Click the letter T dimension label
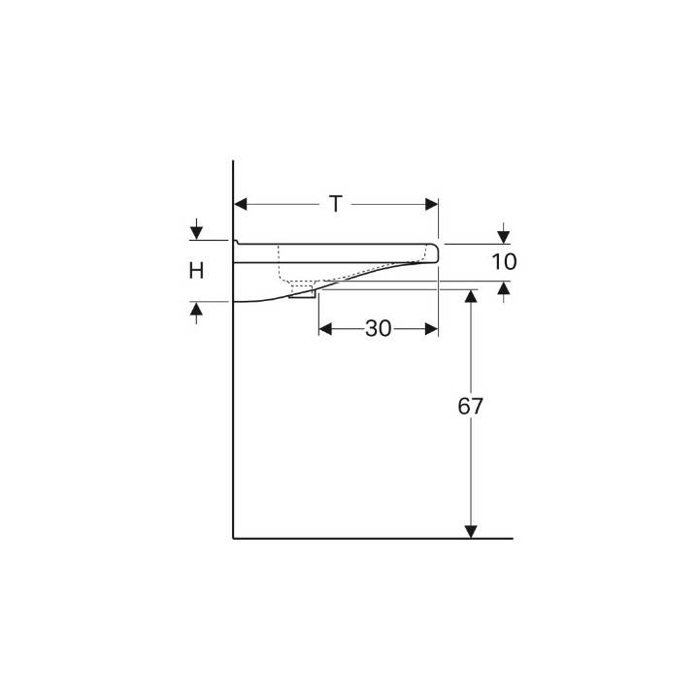tap(335, 204)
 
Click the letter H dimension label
tap(196, 271)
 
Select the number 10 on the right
tap(504, 261)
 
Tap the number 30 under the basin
tap(378, 329)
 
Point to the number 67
tap(471, 408)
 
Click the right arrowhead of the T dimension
tap(432, 204)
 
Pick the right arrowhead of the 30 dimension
tap(433, 329)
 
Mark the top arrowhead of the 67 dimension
tap(471, 295)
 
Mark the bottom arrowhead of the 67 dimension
tap(471, 530)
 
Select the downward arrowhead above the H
tap(196, 234)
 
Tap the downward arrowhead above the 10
tap(504, 236)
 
